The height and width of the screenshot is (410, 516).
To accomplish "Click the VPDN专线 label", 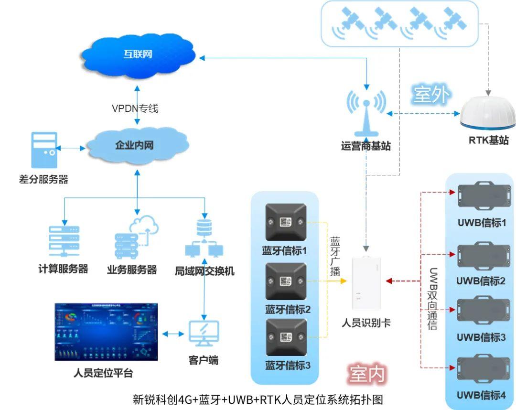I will [135, 108].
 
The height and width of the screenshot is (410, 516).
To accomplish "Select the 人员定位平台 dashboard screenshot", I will [106, 332].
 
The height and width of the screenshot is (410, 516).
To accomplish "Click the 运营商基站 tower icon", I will [366, 113].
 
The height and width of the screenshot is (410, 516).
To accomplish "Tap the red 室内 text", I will [366, 374].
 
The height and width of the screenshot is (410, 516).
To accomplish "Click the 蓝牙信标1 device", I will [286, 222].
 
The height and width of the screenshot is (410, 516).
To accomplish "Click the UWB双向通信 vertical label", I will [433, 298].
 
